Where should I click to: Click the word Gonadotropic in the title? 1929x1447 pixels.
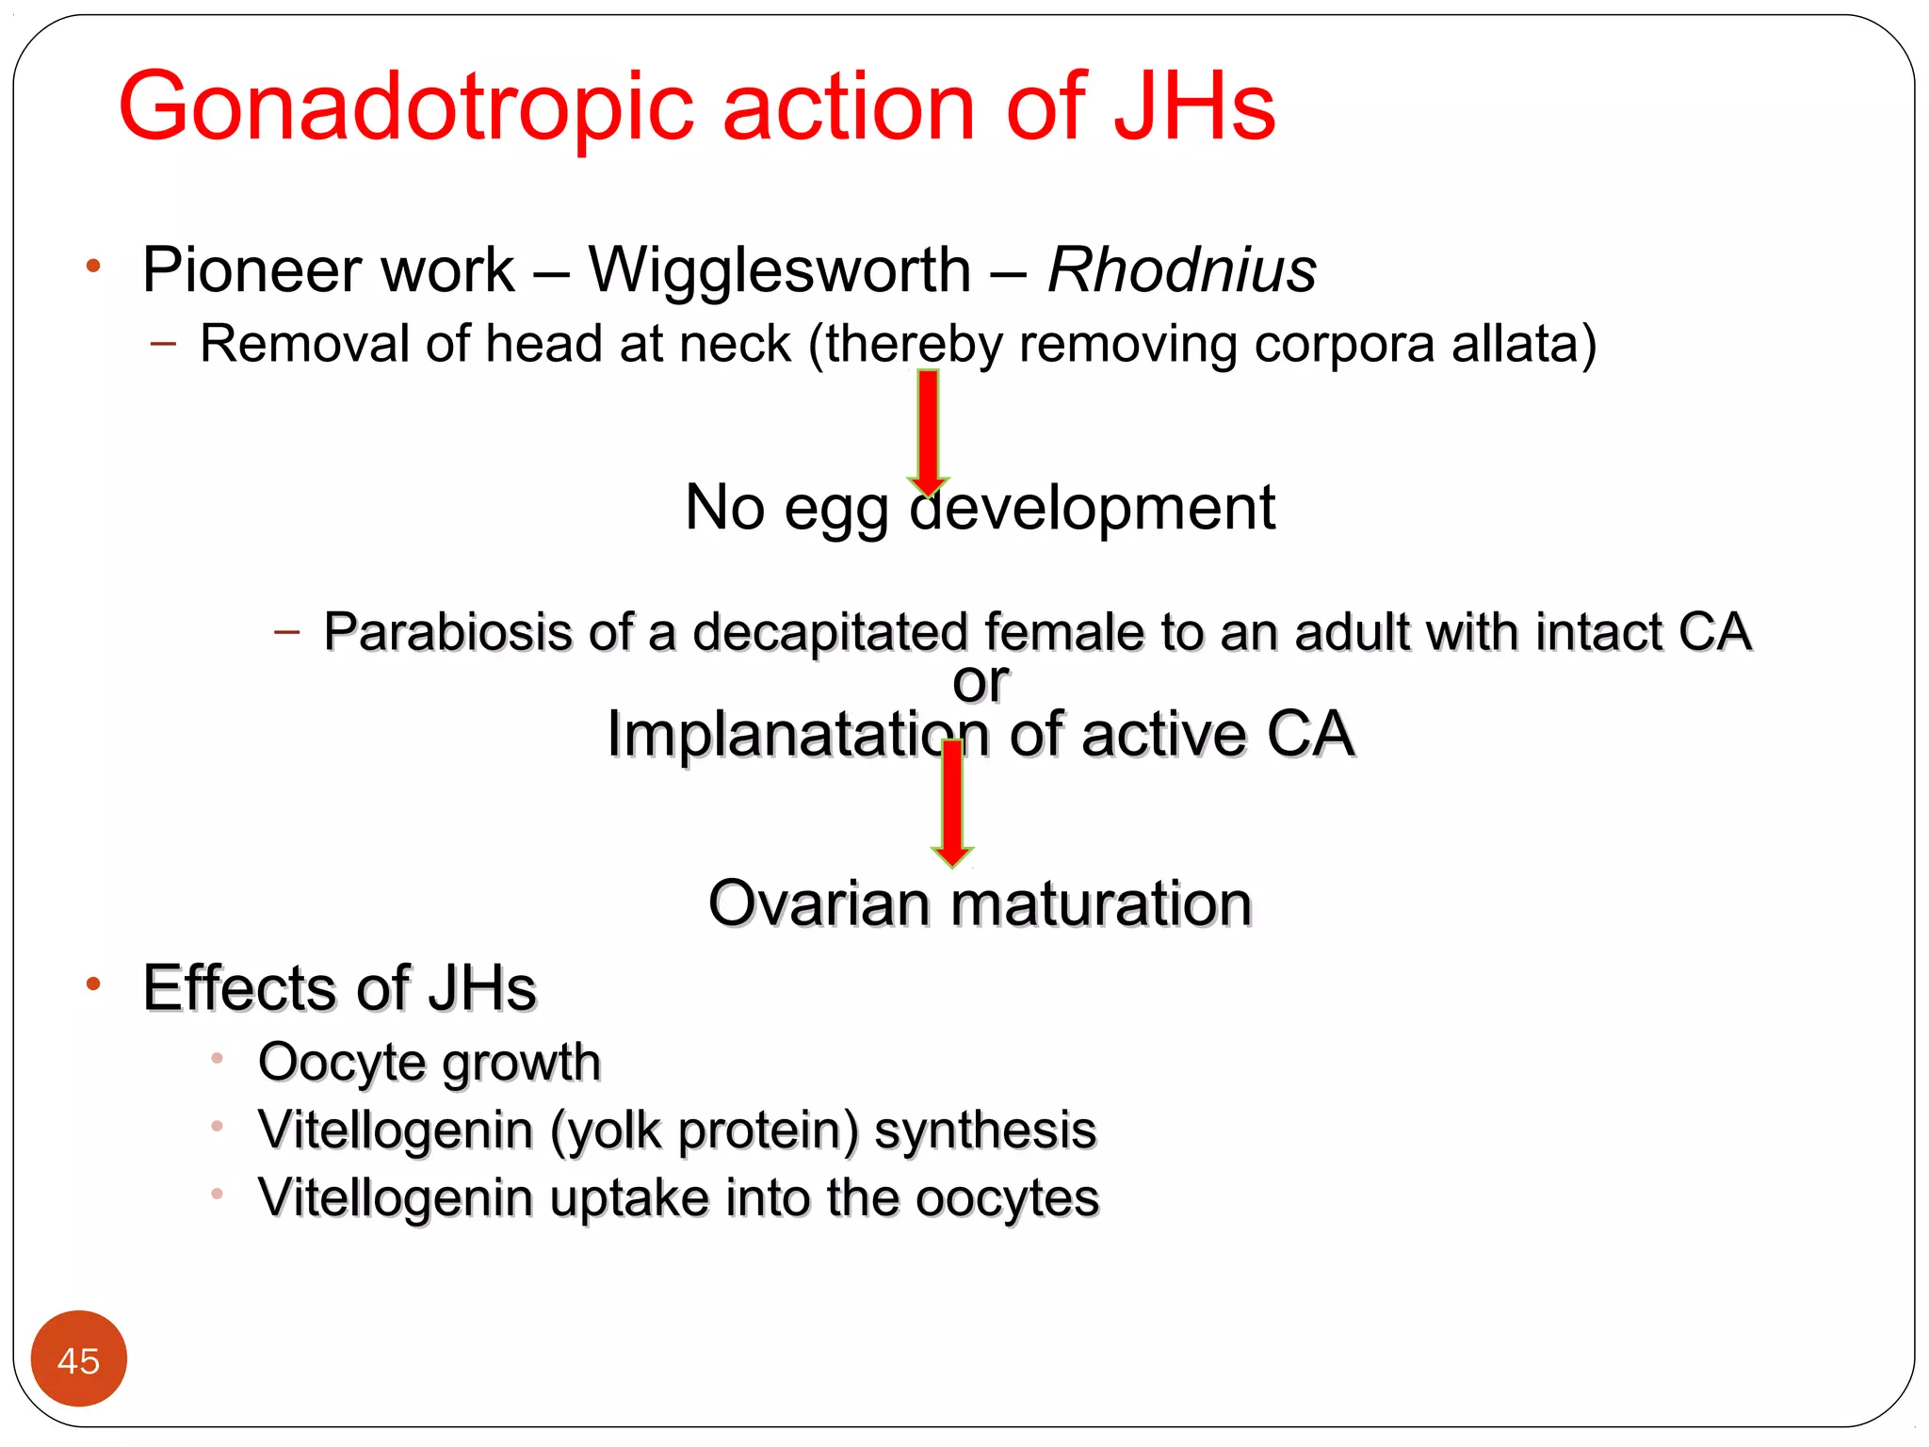tap(405, 108)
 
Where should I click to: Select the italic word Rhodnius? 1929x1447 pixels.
tap(1181, 270)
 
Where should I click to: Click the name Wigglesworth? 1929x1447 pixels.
tap(779, 270)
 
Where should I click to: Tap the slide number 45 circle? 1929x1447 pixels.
tap(78, 1358)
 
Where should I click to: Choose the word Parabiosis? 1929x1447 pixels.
tap(447, 631)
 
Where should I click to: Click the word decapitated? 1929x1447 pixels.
tap(830, 631)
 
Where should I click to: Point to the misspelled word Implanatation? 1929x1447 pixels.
tap(797, 734)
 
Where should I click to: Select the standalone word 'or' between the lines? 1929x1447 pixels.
tap(980, 681)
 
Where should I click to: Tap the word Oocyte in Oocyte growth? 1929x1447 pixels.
tap(341, 1063)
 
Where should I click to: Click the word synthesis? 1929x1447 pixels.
tap(984, 1130)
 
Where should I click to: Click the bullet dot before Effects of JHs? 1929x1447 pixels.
tap(92, 985)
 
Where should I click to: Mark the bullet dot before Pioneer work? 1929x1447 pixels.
tap(92, 267)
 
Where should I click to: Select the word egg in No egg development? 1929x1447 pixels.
tap(835, 510)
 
